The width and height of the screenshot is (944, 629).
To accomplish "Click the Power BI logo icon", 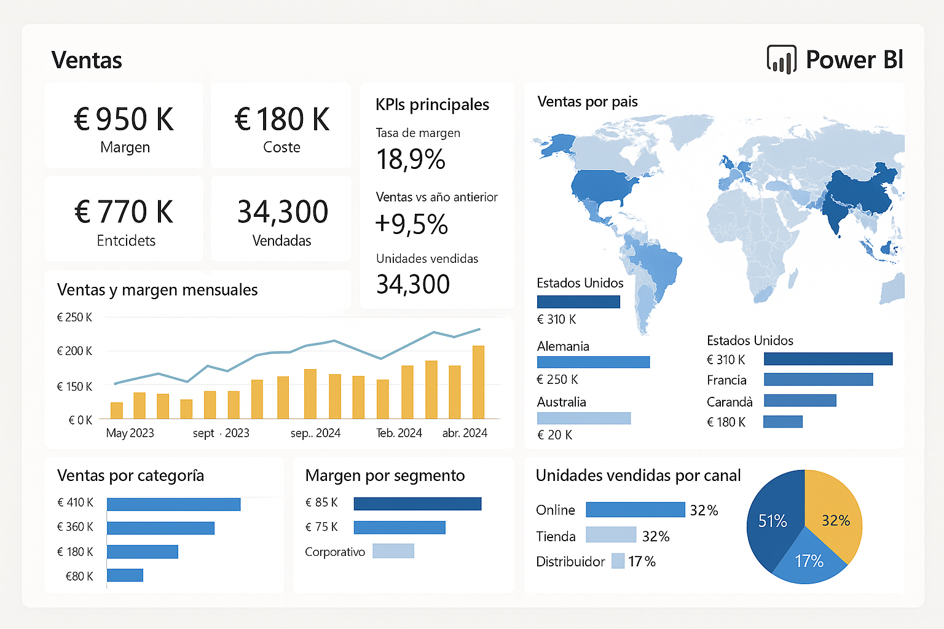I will (x=781, y=60).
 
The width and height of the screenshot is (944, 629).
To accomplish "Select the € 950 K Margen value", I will (x=124, y=119).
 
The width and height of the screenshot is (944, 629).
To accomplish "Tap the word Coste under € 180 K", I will (x=281, y=147).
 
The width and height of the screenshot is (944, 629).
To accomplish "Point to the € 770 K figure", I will (x=124, y=212).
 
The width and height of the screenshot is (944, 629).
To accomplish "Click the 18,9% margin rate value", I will (x=411, y=160).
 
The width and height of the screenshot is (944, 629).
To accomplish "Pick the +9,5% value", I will (x=411, y=224).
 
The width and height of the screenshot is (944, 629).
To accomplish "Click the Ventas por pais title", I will (x=587, y=101).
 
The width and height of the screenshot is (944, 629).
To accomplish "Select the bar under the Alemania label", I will (x=593, y=362).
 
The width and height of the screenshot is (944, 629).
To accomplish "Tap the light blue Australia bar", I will (x=583, y=418).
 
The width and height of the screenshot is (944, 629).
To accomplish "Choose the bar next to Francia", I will (x=818, y=380).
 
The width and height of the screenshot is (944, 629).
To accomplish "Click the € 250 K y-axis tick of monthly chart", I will (x=74, y=318).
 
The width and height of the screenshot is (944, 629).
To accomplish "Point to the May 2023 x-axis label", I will (x=130, y=433).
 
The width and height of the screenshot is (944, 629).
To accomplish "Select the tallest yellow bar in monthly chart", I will (x=478, y=382).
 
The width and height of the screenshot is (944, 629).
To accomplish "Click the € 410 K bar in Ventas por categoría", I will (x=173, y=504).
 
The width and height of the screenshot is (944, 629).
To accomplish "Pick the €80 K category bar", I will (x=125, y=575).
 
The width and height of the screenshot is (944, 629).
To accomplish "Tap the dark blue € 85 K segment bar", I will (x=417, y=504).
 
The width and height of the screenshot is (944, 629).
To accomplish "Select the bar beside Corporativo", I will (x=393, y=551).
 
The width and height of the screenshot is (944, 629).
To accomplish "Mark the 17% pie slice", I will (x=809, y=560).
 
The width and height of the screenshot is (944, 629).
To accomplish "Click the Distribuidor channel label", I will (x=570, y=561).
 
